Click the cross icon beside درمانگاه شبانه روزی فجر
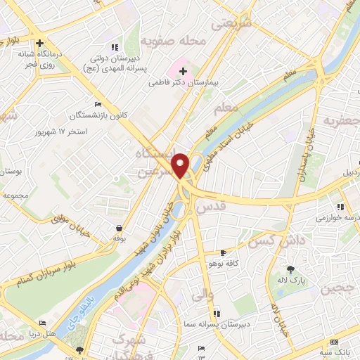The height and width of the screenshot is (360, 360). [x=41, y=41]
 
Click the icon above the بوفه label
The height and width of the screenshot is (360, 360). [x=119, y=229]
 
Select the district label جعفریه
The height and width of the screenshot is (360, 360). [x=340, y=122]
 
